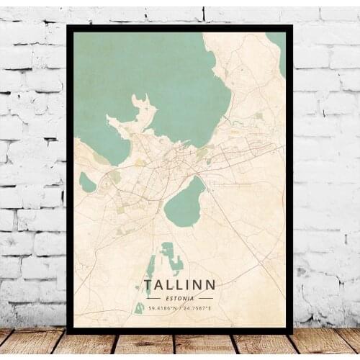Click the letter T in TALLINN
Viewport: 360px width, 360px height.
(x=148, y=285)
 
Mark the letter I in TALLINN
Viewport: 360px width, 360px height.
(x=187, y=285)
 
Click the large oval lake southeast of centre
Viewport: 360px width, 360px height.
(x=184, y=202)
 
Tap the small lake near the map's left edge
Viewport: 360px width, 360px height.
(x=86, y=182)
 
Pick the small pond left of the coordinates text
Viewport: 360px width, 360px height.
(x=139, y=308)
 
